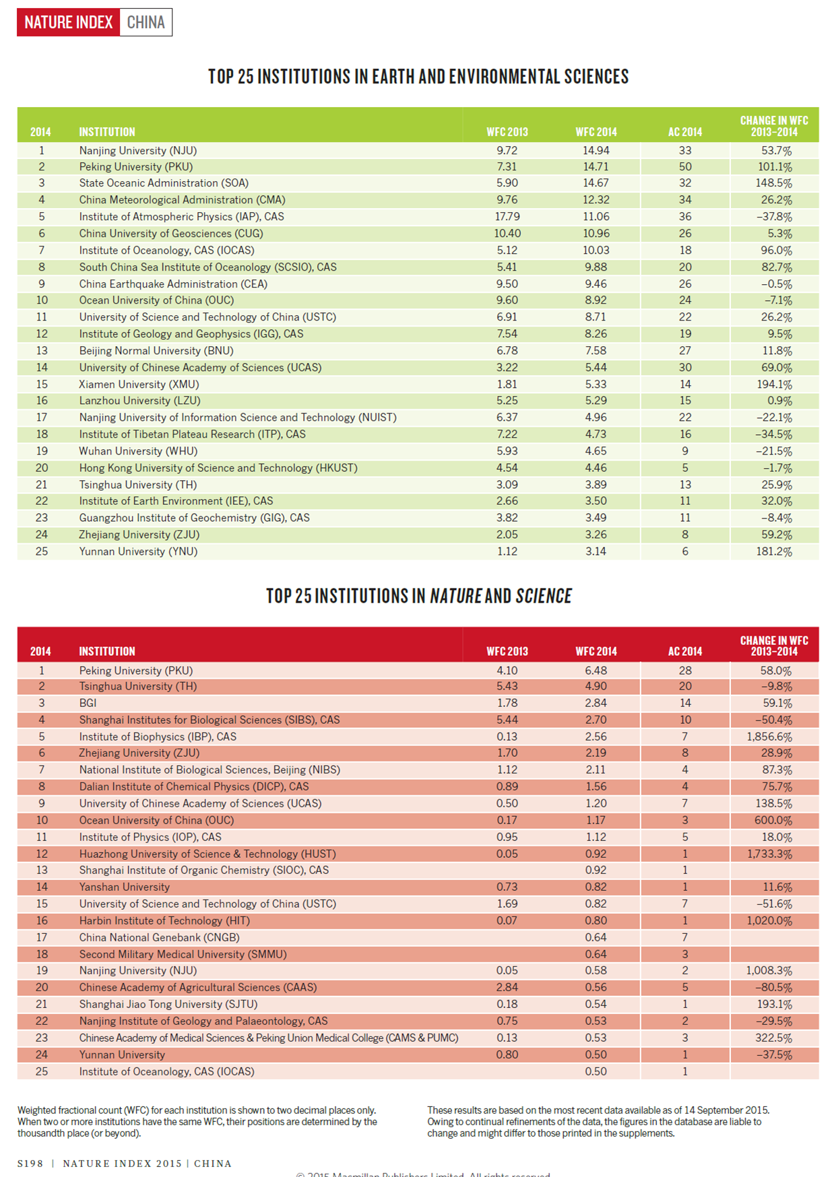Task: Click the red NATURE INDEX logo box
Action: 68,22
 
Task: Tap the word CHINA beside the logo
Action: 146,22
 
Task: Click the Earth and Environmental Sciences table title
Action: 418,77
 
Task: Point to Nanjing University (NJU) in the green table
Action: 137,151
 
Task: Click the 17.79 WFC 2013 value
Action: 507,217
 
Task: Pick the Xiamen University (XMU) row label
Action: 139,384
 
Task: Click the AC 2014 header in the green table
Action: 684,132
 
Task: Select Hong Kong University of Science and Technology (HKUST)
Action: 218,468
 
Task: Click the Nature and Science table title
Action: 418,597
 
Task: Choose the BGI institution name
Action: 88,703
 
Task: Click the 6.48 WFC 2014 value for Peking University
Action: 596,671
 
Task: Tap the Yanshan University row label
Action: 124,887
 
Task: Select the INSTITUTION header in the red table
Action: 106,652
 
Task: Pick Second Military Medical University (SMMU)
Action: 183,954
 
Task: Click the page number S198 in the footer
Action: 30,1164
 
